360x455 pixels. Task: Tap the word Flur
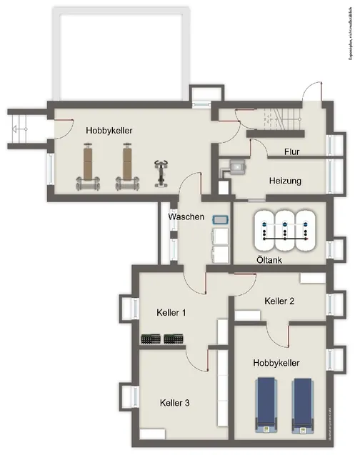point(291,152)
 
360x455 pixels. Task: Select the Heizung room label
point(285,181)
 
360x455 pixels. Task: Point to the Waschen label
point(186,216)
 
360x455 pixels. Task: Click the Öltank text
point(269,261)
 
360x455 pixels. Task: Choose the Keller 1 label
point(171,312)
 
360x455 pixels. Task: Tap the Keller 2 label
point(279,301)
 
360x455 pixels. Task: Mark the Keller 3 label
point(175,403)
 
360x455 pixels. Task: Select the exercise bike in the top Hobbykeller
point(161,174)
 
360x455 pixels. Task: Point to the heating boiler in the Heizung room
point(235,169)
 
